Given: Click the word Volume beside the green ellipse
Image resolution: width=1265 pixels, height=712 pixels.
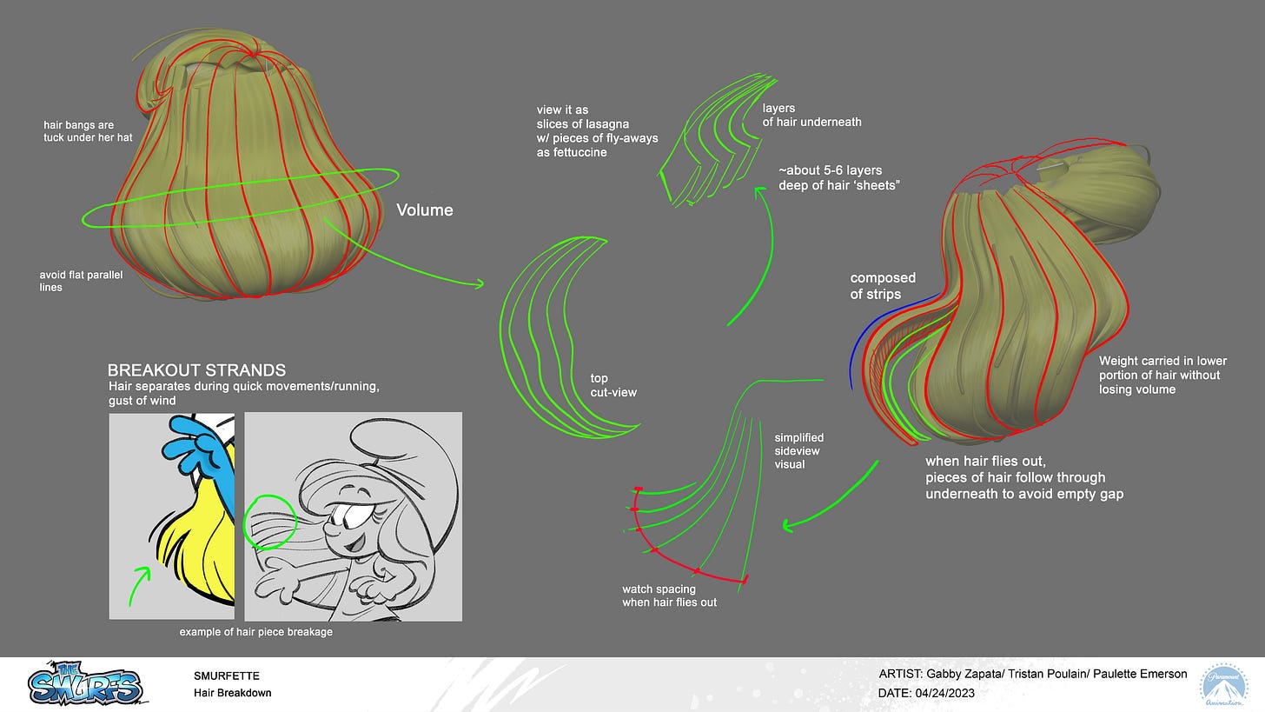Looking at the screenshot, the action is pos(425,210).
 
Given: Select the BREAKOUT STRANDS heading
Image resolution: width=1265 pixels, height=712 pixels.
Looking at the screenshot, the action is pos(196,369).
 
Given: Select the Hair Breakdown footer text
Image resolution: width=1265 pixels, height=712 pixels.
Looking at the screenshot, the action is pos(233,693).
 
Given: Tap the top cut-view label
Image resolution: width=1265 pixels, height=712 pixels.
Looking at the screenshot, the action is pos(613,385).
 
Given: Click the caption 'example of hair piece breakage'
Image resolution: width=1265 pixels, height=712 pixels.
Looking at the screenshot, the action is pos(256,632).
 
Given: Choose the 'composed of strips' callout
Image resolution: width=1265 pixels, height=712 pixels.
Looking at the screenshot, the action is pos(883,285).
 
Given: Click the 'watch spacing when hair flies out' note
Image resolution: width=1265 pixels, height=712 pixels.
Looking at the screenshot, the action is pos(669,596).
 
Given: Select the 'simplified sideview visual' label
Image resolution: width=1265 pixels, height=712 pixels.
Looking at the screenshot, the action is pos(798,450).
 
